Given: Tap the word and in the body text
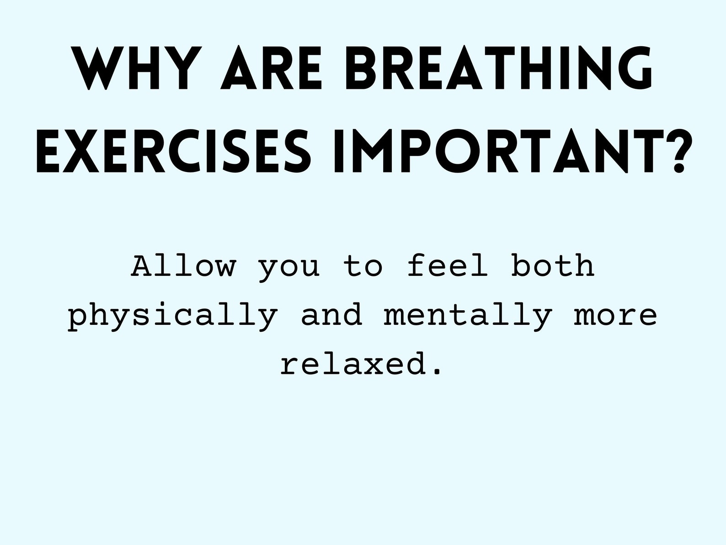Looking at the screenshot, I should click(x=331, y=315).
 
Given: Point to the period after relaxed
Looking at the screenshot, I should click(x=438, y=372).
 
